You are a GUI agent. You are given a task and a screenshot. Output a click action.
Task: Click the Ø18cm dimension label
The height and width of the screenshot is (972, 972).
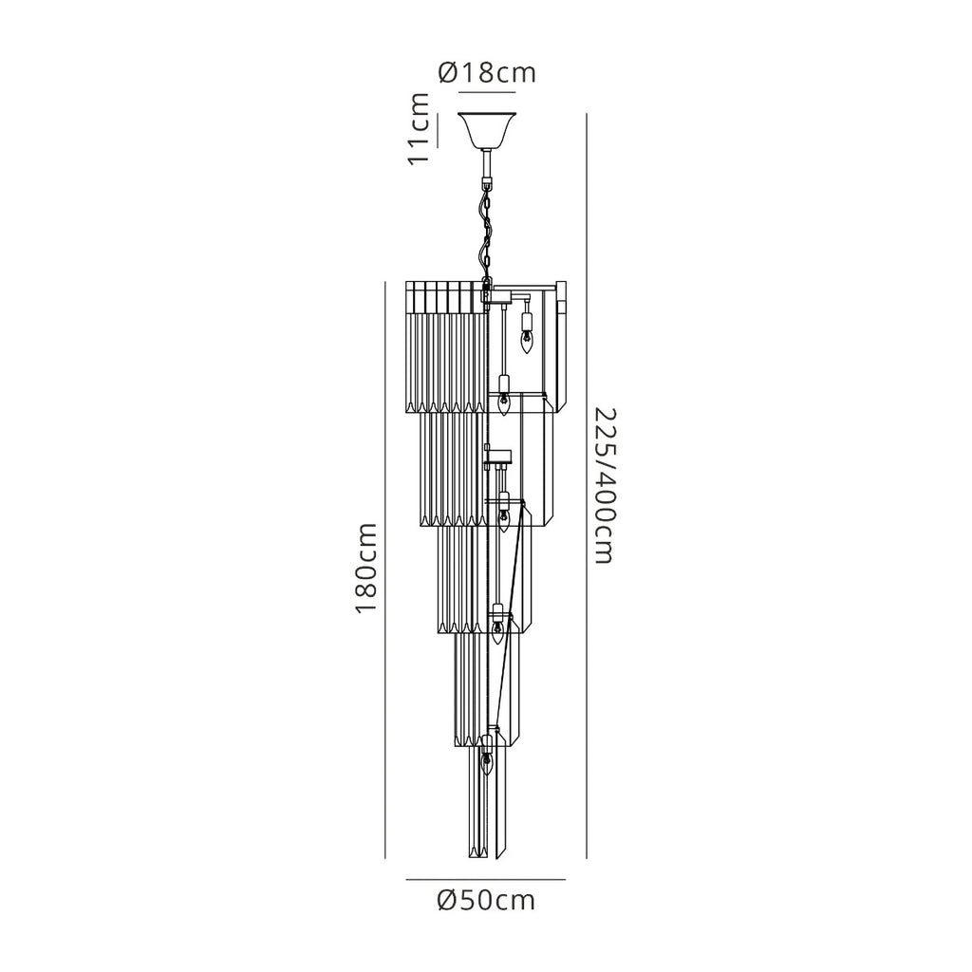(487, 72)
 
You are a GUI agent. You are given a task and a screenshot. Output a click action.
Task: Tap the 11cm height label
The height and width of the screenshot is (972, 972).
(419, 128)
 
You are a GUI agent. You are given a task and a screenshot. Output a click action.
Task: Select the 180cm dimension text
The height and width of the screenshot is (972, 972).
(365, 568)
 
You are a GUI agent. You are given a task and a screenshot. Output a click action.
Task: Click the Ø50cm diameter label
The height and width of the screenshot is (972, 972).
(486, 900)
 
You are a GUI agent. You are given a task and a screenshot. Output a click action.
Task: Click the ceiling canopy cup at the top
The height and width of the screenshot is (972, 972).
(487, 130)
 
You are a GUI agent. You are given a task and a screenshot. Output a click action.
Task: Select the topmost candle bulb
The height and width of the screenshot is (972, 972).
(526, 341)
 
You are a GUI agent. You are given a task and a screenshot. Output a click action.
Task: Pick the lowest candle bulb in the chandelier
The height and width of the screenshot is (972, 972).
(487, 765)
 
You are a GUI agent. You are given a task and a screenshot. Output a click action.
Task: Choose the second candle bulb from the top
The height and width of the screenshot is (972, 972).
(504, 402)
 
